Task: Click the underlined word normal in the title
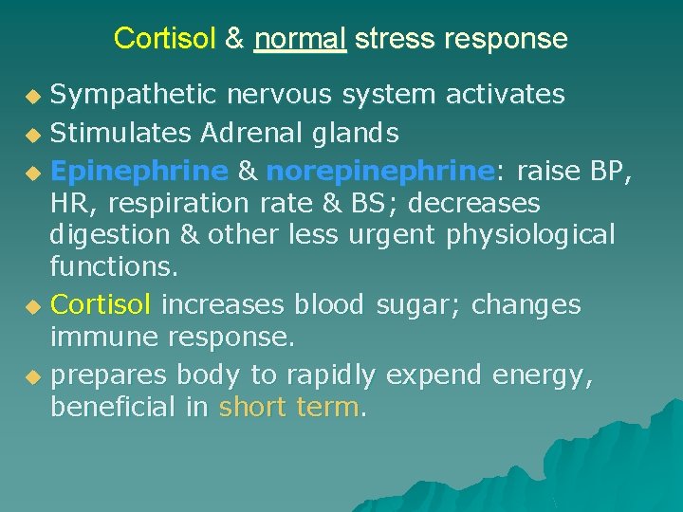300,39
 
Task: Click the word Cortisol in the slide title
165,39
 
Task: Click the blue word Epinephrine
139,171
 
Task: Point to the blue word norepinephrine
380,171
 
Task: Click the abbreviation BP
610,171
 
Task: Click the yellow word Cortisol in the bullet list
100,305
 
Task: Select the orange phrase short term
289,408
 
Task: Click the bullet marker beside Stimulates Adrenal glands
34,132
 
